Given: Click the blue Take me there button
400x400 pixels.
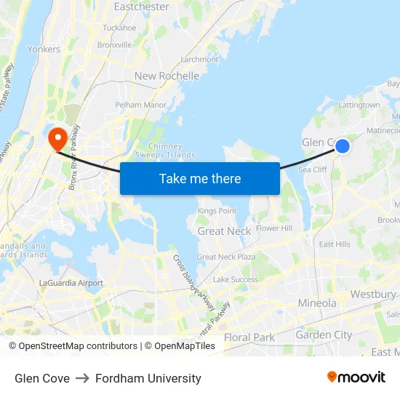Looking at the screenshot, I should pyautogui.click(x=199, y=178).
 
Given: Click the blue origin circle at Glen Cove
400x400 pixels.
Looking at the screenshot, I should pyautogui.click(x=342, y=146).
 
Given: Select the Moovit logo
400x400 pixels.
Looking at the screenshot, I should pyautogui.click(x=356, y=377).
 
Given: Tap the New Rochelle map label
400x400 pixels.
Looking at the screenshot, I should pyautogui.click(x=167, y=76).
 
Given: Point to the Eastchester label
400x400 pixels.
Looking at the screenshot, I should pyautogui.click(x=142, y=7).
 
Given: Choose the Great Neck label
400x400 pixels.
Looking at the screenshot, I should pyautogui.click(x=224, y=231).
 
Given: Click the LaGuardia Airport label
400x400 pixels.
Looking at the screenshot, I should pyautogui.click(x=71, y=283).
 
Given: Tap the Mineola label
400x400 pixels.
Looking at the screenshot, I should pyautogui.click(x=317, y=303).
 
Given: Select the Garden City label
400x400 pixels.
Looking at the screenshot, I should pyautogui.click(x=324, y=335).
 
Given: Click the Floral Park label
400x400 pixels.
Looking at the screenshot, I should pyautogui.click(x=249, y=337).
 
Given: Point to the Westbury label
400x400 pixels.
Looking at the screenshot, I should pyautogui.click(x=373, y=294).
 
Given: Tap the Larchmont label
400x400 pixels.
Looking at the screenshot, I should pyautogui.click(x=199, y=60).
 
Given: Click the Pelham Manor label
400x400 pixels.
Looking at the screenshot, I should pyautogui.click(x=141, y=105).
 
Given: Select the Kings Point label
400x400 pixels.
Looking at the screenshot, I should pyautogui.click(x=217, y=211).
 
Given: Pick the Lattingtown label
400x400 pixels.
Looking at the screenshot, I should pyautogui.click(x=359, y=105).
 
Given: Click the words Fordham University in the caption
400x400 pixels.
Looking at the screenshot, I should pyautogui.click(x=148, y=378).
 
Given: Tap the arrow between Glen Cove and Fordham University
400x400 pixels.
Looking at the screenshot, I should pyautogui.click(x=82, y=378).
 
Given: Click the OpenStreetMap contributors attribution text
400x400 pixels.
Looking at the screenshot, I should pyautogui.click(x=73, y=346).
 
